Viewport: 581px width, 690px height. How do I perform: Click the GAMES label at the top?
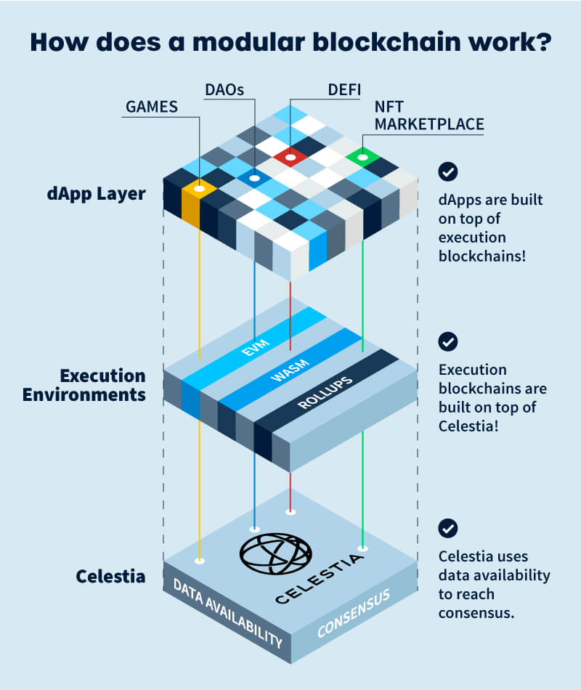pyautogui.click(x=152, y=107)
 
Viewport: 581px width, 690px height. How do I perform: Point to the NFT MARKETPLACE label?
pyautogui.click(x=428, y=115)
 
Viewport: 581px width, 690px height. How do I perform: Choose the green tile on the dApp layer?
pyautogui.click(x=362, y=156)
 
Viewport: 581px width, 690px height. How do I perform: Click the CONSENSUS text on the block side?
pyautogui.click(x=353, y=614)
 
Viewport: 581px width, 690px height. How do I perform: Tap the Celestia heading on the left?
pyautogui.click(x=110, y=577)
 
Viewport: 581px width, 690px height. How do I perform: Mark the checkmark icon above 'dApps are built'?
pyautogui.click(x=449, y=172)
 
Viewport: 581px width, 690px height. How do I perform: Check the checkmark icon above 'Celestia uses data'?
pyautogui.click(x=449, y=528)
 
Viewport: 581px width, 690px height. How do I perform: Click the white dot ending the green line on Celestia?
pyautogui.click(x=362, y=548)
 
